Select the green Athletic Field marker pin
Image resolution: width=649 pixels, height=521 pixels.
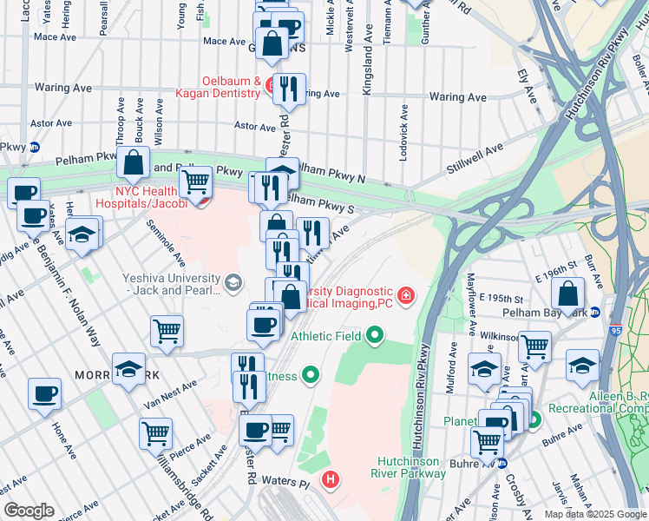[375, 334]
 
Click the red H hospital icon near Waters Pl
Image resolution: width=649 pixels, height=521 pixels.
[330, 478]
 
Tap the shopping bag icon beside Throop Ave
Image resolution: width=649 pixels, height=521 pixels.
[134, 162]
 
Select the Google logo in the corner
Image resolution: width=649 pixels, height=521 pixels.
[29, 511]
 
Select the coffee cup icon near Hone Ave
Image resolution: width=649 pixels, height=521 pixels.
[44, 394]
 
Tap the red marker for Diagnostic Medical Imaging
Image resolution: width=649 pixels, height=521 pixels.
[404, 295]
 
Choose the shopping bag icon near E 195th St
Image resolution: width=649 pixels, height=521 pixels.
[567, 294]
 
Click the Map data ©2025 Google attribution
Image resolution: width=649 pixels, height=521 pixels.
[595, 514]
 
